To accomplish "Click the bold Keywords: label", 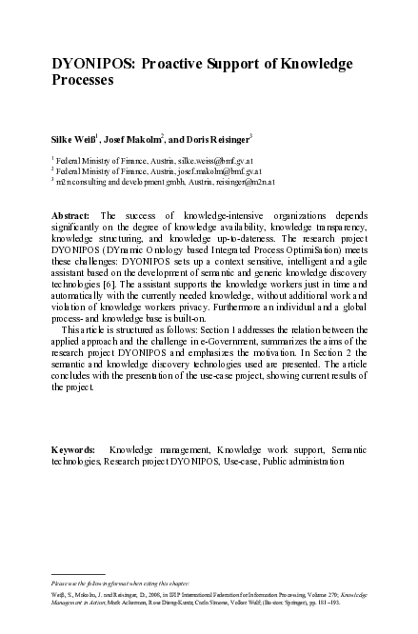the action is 73,448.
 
